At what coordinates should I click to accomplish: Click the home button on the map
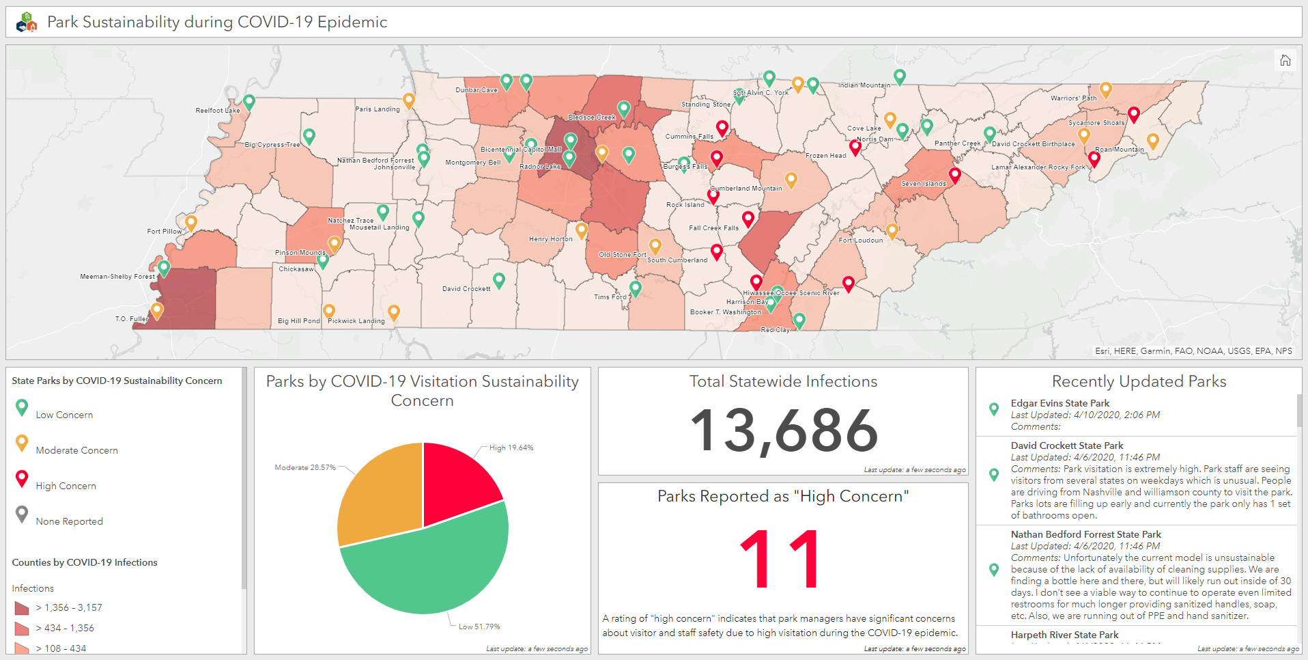tap(1285, 60)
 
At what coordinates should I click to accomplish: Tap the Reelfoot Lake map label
tap(217, 110)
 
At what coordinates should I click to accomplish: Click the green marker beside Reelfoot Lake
tap(249, 102)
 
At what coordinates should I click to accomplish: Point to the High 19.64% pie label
tap(511, 448)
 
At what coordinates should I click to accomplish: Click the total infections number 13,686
tap(783, 430)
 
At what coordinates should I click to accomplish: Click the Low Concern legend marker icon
tap(22, 407)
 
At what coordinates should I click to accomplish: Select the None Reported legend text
tap(69, 521)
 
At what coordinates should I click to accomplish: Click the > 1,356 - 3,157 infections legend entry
tap(68, 607)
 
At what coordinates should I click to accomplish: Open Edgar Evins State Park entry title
tap(1060, 403)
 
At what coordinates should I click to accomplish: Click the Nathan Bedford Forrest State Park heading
tap(1085, 534)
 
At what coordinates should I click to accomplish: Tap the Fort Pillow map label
tap(164, 232)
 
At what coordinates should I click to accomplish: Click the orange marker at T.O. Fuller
tap(157, 310)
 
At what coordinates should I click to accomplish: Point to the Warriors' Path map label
tap(1073, 98)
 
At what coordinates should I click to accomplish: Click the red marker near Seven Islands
tap(955, 175)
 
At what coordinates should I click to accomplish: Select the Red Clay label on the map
tap(775, 329)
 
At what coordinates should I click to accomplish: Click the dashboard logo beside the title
tap(26, 23)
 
